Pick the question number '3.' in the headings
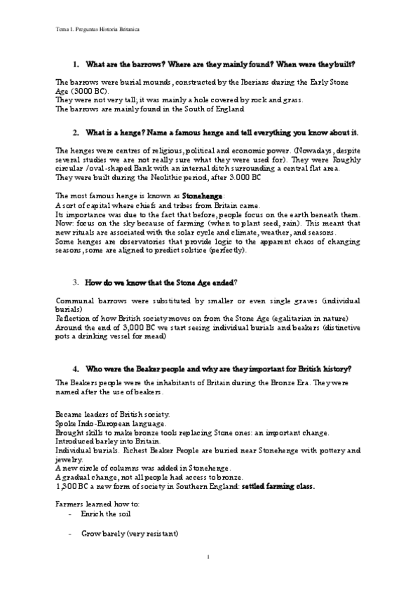click(76, 282)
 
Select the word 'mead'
click(156, 336)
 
